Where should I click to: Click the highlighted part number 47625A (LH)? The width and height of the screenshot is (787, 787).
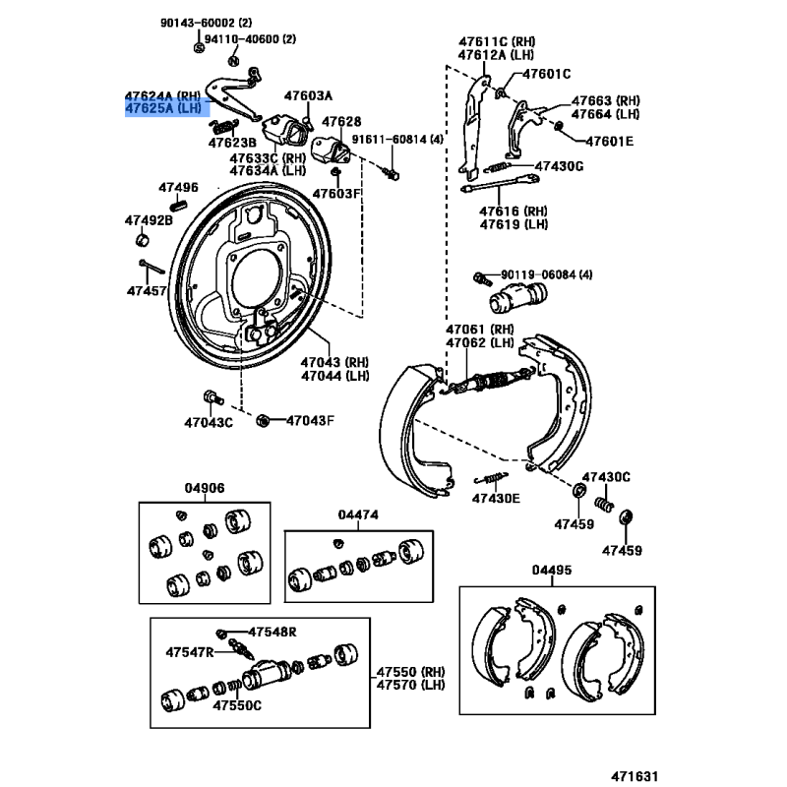pyautogui.click(x=166, y=109)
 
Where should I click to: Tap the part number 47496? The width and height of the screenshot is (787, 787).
pyautogui.click(x=179, y=187)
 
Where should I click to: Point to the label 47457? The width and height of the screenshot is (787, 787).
pyautogui.click(x=147, y=290)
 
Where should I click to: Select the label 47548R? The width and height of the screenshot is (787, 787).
pyautogui.click(x=272, y=632)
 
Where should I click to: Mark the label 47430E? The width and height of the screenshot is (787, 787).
pyautogui.click(x=496, y=498)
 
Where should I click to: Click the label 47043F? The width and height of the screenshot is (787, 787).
pyautogui.click(x=311, y=421)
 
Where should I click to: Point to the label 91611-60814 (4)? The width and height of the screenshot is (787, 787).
pyautogui.click(x=398, y=140)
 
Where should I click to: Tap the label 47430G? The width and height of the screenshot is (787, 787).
pyautogui.click(x=560, y=166)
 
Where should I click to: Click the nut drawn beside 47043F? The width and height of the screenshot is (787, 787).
pyautogui.click(x=263, y=421)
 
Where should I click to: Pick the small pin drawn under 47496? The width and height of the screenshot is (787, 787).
pyautogui.click(x=178, y=205)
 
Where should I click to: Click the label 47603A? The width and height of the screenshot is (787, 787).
pyautogui.click(x=309, y=95)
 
